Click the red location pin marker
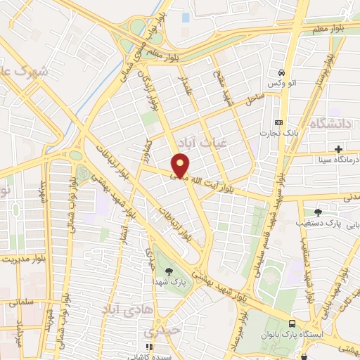(181, 165)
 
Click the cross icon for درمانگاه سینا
(339, 149)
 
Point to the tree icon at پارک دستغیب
(319, 212)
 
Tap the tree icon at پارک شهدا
(168, 271)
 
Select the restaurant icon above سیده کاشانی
(148, 347)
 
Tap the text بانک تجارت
(268, 132)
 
